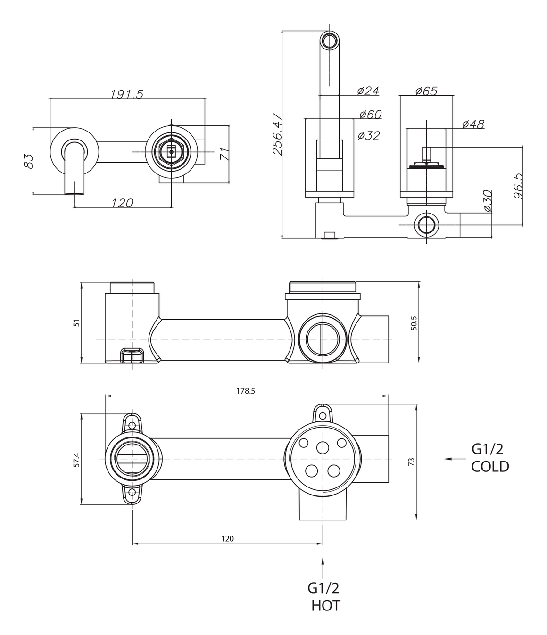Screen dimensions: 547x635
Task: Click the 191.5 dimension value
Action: click(127, 94)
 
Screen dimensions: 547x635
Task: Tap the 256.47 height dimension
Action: click(277, 134)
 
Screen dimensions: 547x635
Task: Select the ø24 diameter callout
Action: click(368, 91)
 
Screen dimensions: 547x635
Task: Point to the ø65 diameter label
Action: click(426, 91)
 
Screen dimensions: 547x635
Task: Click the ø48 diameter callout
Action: click(473, 124)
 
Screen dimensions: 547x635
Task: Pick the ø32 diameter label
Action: click(369, 135)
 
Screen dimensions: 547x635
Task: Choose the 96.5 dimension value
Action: click(518, 186)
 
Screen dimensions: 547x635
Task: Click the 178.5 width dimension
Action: click(246, 391)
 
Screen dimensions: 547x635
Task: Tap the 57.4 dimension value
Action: click(76, 460)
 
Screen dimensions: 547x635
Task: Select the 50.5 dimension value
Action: click(414, 323)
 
